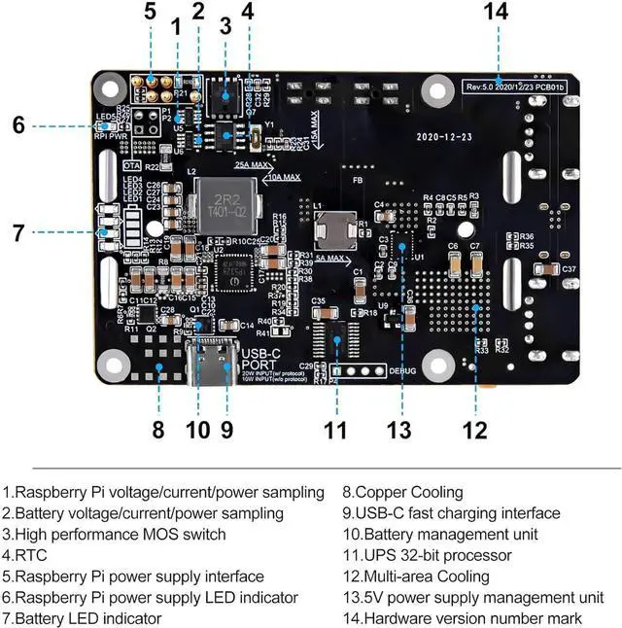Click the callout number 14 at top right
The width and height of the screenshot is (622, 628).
(x=496, y=12)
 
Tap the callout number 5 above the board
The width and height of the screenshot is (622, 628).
(x=150, y=12)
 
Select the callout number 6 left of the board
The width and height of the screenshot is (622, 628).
(x=18, y=124)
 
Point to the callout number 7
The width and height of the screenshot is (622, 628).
(x=18, y=232)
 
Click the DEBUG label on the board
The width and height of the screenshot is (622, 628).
(x=401, y=370)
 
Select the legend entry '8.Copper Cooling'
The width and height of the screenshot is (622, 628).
(x=402, y=493)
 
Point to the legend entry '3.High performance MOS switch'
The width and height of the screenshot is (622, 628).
(x=114, y=534)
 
